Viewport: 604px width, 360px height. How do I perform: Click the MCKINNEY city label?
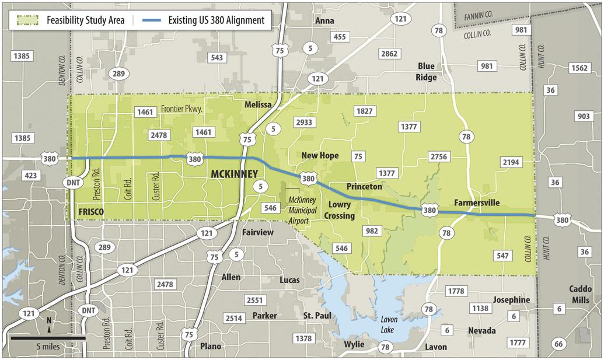233,174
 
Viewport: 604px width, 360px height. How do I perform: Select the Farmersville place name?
477,202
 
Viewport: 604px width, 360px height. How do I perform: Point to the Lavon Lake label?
389,324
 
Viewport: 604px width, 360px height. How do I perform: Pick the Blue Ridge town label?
426,71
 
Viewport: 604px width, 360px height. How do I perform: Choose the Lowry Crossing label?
341,210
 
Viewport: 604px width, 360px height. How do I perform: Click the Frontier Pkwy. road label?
185,109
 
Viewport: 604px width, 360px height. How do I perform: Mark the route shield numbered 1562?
579,68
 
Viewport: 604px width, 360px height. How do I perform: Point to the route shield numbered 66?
558,344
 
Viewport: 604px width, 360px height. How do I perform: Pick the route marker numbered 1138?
481,308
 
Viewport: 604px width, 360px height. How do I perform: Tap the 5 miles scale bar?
48,338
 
